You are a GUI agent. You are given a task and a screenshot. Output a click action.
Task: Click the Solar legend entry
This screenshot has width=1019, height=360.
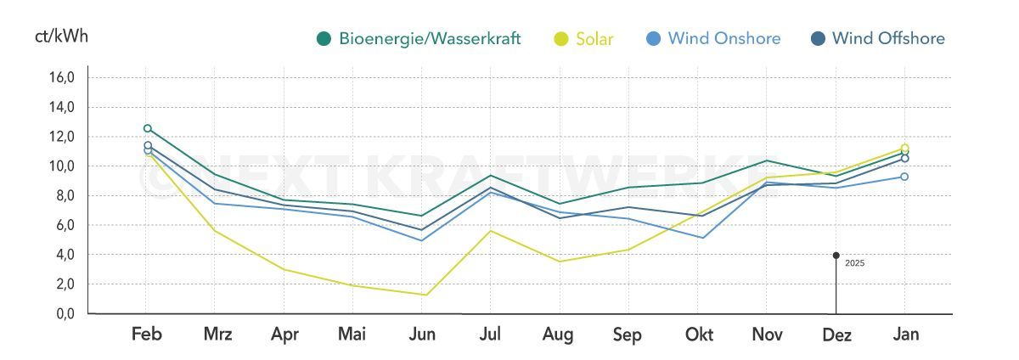click(x=594, y=38)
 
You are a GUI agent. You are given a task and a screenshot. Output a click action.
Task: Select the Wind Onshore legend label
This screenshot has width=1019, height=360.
click(x=723, y=38)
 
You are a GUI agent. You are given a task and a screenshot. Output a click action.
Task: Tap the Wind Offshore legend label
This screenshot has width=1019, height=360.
click(x=887, y=38)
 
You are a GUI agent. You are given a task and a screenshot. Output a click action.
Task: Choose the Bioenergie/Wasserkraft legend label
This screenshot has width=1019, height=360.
click(x=429, y=38)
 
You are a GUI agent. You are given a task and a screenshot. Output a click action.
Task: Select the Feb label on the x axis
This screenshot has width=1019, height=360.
click(x=147, y=335)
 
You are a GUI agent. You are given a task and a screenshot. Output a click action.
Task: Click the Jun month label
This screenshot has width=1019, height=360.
click(x=422, y=335)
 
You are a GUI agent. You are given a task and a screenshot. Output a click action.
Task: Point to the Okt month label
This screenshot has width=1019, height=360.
click(x=699, y=335)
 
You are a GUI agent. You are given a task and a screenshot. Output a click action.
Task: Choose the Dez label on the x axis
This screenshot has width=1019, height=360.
click(x=836, y=335)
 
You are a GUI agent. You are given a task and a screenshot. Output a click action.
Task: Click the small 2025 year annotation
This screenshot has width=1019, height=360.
click(x=854, y=263)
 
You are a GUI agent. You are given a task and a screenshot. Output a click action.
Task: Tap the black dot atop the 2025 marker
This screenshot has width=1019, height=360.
click(x=836, y=255)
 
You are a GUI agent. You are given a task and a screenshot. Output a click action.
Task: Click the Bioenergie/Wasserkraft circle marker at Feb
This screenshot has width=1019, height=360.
click(x=148, y=128)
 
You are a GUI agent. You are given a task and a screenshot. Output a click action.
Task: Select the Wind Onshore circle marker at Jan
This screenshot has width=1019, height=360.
click(x=904, y=177)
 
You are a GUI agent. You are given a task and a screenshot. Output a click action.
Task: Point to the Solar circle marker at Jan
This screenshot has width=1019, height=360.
click(x=904, y=149)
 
